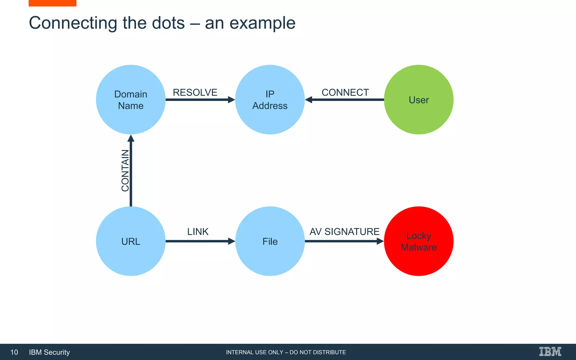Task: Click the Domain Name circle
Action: [x=130, y=100]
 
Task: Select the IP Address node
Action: [x=270, y=100]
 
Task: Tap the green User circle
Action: [x=418, y=100]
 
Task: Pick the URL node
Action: [x=130, y=241]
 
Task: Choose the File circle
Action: [x=270, y=241]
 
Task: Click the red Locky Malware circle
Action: [x=418, y=241]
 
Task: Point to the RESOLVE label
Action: [x=195, y=92]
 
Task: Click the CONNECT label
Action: [x=345, y=92]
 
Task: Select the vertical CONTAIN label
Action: [x=125, y=170]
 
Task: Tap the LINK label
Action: [x=198, y=231]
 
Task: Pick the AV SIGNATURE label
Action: [x=345, y=231]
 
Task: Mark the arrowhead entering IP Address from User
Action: [x=309, y=100]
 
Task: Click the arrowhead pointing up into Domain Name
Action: [x=131, y=138]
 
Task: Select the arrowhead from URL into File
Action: [x=231, y=241]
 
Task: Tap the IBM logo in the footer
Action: [x=550, y=352]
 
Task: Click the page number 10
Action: [x=14, y=352]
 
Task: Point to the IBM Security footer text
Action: [x=49, y=352]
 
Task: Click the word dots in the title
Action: [x=168, y=23]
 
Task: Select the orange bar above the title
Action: [x=52, y=3]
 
